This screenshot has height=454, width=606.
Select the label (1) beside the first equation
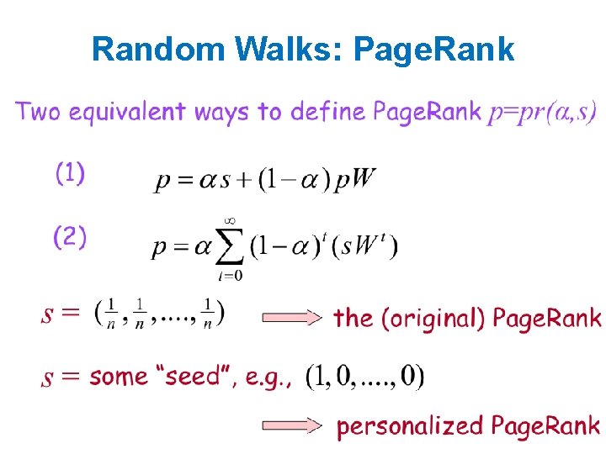click(70, 174)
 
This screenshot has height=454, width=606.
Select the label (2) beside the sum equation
click(70, 238)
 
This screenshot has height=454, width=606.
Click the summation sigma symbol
click(227, 246)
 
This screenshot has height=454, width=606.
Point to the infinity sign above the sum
click(227, 220)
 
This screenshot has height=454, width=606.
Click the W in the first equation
click(365, 179)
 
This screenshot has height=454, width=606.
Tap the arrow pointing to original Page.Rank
click(292, 318)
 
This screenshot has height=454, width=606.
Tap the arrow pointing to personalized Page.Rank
click(292, 426)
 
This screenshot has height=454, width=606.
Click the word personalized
click(407, 427)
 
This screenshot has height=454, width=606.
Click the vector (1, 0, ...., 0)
click(364, 376)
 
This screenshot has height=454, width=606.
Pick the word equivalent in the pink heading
click(134, 112)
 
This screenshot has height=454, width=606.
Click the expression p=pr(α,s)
click(542, 112)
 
